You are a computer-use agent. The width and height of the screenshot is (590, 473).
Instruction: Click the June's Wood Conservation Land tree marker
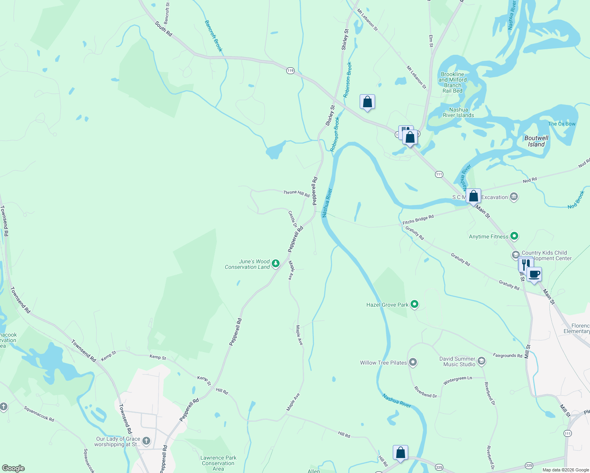click(x=276, y=263)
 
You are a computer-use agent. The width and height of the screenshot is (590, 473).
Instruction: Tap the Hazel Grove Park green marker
click(x=414, y=304)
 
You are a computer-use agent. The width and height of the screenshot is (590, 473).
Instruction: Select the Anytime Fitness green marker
click(x=514, y=236)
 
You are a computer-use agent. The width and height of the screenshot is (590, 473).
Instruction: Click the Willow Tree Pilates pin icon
click(x=413, y=362)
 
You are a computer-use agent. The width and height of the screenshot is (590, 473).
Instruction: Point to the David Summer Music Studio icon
click(x=481, y=361)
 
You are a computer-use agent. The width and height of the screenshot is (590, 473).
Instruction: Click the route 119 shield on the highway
click(x=290, y=71)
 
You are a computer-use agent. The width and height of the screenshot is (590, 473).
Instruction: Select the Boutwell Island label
click(x=536, y=141)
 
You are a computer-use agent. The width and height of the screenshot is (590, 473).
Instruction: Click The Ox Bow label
click(x=562, y=124)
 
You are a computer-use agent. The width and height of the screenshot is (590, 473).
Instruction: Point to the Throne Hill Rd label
click(x=296, y=193)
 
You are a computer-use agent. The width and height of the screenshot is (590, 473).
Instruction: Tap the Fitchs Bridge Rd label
click(x=418, y=220)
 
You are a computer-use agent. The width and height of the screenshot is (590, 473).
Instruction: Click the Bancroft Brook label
click(x=213, y=36)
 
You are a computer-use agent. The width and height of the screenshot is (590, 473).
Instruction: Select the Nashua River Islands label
click(x=458, y=112)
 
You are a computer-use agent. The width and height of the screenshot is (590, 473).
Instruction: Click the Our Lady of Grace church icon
click(x=146, y=441)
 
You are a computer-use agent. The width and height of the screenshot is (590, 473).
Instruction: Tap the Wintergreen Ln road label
click(x=457, y=381)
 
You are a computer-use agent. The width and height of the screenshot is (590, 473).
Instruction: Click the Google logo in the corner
click(x=13, y=468)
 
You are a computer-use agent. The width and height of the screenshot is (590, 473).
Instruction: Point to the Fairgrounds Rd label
click(x=507, y=356)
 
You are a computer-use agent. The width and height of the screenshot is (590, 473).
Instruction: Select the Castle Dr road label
click(x=292, y=219)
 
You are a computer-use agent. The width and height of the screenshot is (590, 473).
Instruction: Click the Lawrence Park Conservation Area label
click(x=218, y=463)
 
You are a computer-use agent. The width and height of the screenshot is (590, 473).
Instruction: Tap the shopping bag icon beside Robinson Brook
click(x=367, y=102)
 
